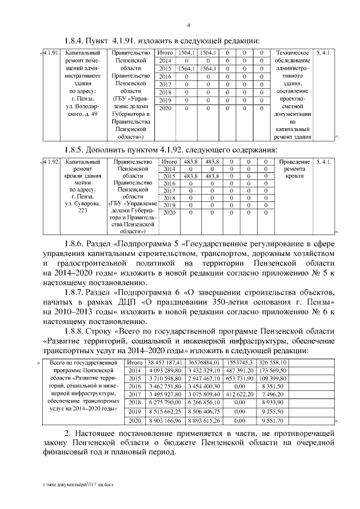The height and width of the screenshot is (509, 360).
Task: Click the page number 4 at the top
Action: pyautogui.click(x=188, y=25)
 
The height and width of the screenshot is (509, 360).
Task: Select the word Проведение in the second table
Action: pyautogui.click(x=294, y=162)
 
